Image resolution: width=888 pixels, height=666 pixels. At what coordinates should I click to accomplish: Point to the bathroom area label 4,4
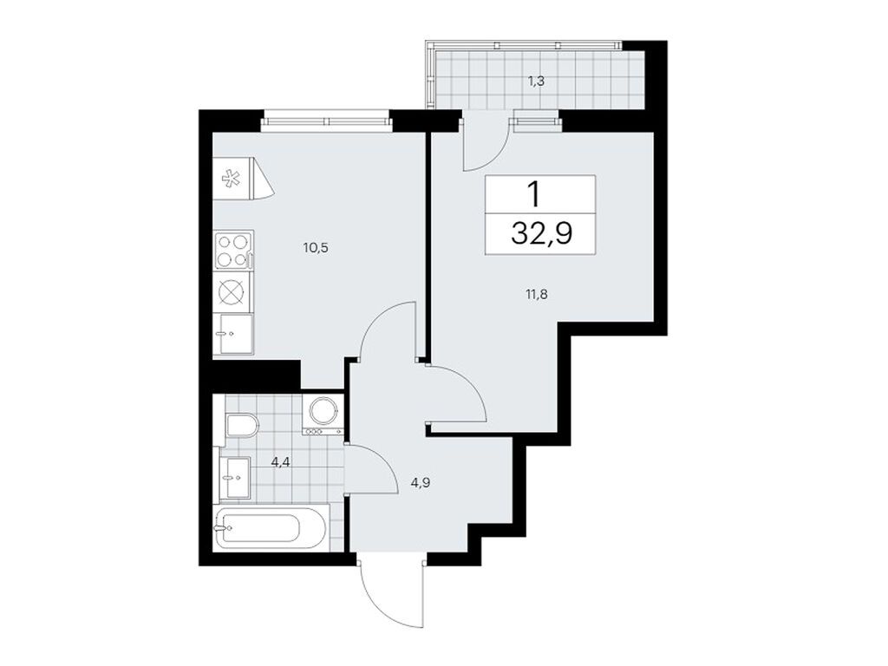coord(280,462)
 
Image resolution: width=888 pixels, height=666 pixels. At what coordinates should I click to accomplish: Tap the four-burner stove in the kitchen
coord(233,250)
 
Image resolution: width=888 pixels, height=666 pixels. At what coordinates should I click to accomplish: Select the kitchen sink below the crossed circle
coord(234,334)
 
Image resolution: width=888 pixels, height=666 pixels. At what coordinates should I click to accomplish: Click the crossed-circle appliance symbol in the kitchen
coord(233,292)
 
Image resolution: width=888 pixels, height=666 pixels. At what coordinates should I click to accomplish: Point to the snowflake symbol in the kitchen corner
coord(232,180)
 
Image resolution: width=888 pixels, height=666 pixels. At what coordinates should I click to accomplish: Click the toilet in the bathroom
coord(241,425)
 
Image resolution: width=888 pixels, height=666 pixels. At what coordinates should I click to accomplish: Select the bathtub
coord(270,527)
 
